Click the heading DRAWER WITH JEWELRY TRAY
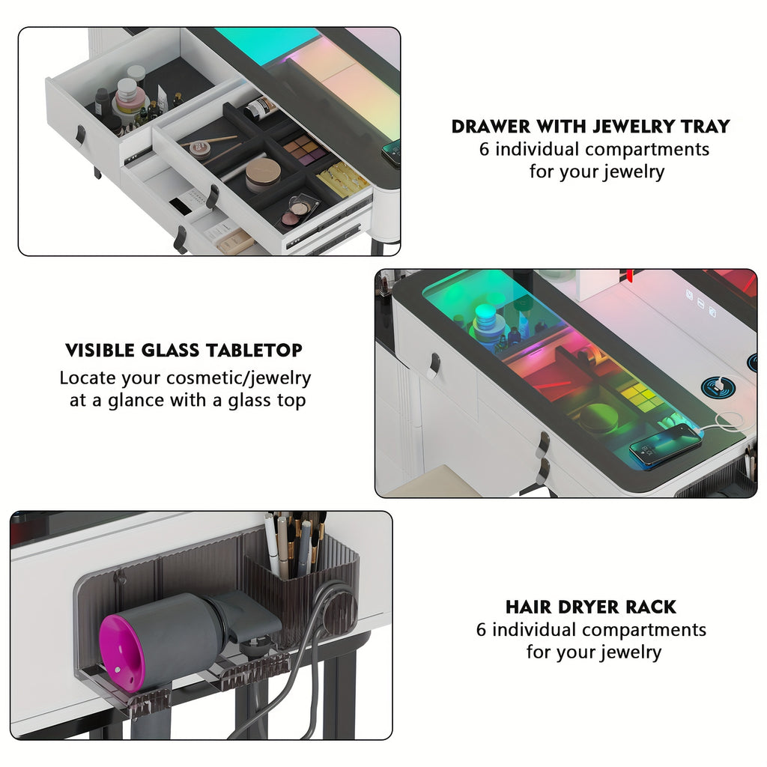[590, 126]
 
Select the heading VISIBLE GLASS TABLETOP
[184, 350]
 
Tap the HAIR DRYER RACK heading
[590, 607]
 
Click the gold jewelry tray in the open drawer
[343, 180]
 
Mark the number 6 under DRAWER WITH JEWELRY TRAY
[485, 149]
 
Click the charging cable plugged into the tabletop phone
[723, 421]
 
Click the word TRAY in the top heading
[703, 126]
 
